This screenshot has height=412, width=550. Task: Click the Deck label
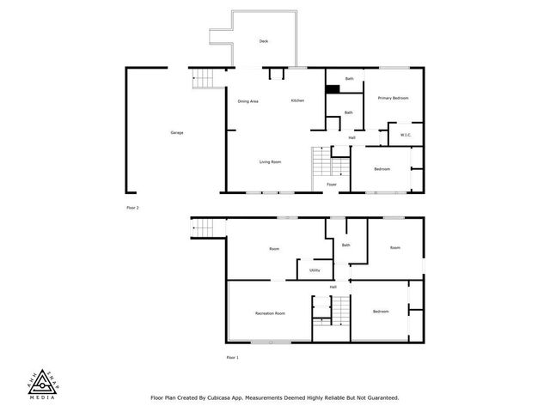pos(264,41)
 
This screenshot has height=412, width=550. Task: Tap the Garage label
pos(177,132)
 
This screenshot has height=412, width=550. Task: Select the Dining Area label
pos(248,101)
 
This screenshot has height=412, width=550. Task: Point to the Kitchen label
pos(297,101)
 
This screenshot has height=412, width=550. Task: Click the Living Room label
pos(271,162)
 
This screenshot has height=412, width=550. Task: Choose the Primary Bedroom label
pos(393,99)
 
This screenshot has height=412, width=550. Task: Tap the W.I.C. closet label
pos(406,135)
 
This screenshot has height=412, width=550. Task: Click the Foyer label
pos(331,184)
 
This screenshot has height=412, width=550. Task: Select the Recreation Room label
pos(270,313)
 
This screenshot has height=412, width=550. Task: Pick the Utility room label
pos(315,270)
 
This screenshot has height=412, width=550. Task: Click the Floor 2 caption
pos(132,208)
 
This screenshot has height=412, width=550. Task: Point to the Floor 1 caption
pos(232,357)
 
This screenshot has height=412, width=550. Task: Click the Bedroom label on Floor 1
pos(382,312)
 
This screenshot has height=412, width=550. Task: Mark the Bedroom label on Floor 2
pos(382,169)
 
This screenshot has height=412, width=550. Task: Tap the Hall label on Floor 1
pos(333,287)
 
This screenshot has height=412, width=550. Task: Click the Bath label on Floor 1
pos(345,245)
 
